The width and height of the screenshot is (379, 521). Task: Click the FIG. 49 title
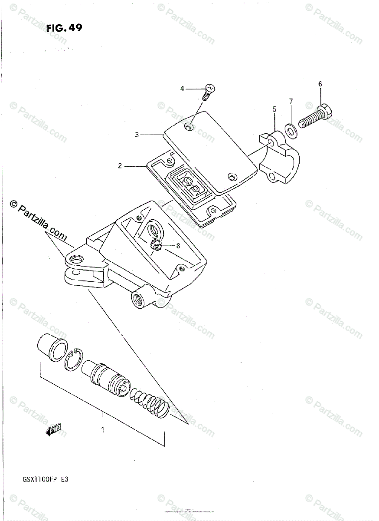tap(64, 29)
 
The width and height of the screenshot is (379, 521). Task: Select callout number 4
tap(183, 89)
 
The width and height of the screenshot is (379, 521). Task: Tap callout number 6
tap(320, 84)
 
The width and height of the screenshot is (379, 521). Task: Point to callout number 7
tap(291, 101)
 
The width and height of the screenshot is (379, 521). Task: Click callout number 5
tap(274, 110)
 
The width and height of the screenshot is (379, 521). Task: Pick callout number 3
tap(137, 135)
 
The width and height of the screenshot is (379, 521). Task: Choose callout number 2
tap(120, 165)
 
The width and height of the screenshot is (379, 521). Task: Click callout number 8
tap(178, 245)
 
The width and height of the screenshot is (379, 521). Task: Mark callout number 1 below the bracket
tap(103, 430)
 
